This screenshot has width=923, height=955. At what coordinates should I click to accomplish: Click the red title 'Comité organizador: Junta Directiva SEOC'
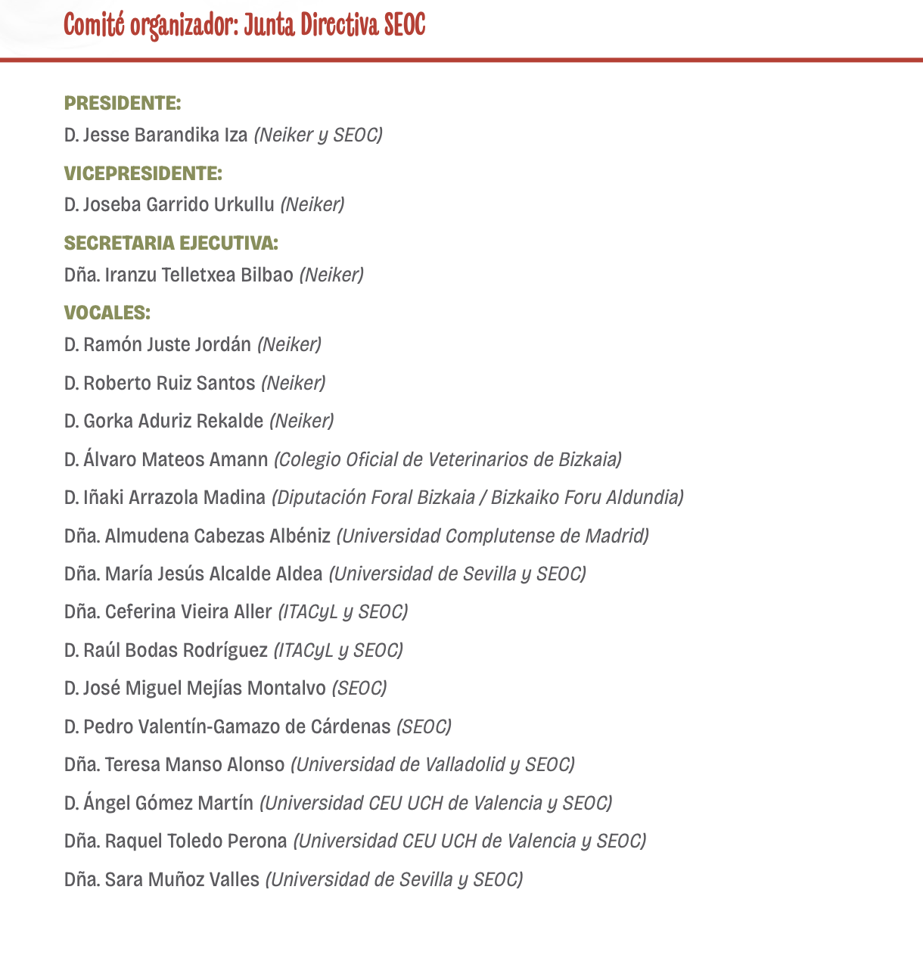point(244,25)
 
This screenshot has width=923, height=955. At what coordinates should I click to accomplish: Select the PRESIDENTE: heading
point(123,103)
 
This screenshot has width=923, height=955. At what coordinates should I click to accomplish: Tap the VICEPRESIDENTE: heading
point(143,173)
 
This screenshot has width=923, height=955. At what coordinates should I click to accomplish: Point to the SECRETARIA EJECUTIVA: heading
point(171,243)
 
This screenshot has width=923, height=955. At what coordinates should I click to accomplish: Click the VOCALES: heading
point(107,313)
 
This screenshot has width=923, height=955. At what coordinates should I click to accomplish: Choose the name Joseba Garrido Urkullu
point(179,204)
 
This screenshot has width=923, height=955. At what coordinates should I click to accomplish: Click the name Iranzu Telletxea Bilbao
point(199,275)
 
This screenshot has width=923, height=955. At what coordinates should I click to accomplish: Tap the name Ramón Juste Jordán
point(166,345)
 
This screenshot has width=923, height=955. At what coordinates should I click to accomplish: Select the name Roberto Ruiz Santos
point(169,383)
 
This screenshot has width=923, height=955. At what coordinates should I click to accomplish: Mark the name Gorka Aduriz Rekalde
point(173,421)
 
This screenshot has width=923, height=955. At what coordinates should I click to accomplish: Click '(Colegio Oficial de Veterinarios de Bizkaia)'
point(448,459)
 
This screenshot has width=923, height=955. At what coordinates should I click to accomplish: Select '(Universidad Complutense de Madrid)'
point(493,536)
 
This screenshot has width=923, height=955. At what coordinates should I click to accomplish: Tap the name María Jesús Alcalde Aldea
point(213,574)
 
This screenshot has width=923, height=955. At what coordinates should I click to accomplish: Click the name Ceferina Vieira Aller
point(188,611)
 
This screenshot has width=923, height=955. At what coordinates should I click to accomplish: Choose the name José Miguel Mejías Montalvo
point(204,688)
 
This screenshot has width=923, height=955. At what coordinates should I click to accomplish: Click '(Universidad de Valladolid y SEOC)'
point(433,764)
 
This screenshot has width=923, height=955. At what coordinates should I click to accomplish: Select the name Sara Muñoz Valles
point(182,879)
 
